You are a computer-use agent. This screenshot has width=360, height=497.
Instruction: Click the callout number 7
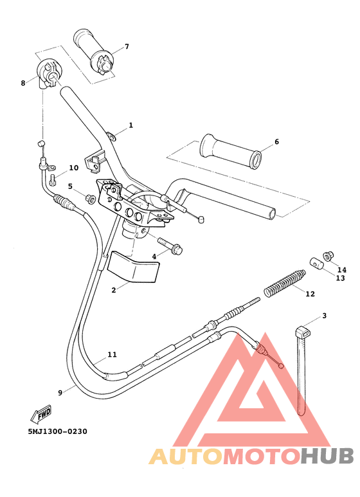pos(127,46)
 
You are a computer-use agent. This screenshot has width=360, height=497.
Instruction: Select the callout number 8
pos(23,83)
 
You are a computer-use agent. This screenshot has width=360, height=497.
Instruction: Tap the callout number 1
pos(130,125)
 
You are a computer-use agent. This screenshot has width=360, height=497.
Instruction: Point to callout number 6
pos(276,141)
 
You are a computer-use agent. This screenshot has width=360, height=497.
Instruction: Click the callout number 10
pos(74,168)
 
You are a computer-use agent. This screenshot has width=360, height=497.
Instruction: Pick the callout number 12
pos(310,294)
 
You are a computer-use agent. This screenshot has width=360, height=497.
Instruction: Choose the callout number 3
pos(325,316)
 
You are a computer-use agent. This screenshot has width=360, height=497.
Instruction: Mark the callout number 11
pos(113,354)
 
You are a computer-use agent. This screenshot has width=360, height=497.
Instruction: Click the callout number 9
pos(60,392)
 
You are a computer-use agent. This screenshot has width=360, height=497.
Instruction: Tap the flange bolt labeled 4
pos(170,246)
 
